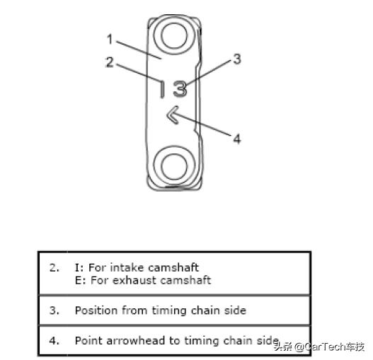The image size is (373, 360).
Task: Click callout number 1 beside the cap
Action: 110,39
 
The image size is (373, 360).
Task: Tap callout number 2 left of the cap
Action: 110,62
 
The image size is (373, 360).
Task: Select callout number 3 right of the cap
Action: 237,59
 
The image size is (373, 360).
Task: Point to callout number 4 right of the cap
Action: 237,139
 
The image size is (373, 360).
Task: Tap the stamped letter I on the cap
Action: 161,89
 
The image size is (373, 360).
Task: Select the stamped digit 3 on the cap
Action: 180,88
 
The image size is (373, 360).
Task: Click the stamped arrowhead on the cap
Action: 173,115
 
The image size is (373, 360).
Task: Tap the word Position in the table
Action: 96,310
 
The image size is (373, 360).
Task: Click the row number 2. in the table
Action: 54,268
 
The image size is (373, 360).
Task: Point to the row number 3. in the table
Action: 54,310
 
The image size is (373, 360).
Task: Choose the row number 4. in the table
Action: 54,341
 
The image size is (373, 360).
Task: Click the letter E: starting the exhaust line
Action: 80,280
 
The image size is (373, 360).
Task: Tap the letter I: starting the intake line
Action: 79,268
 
